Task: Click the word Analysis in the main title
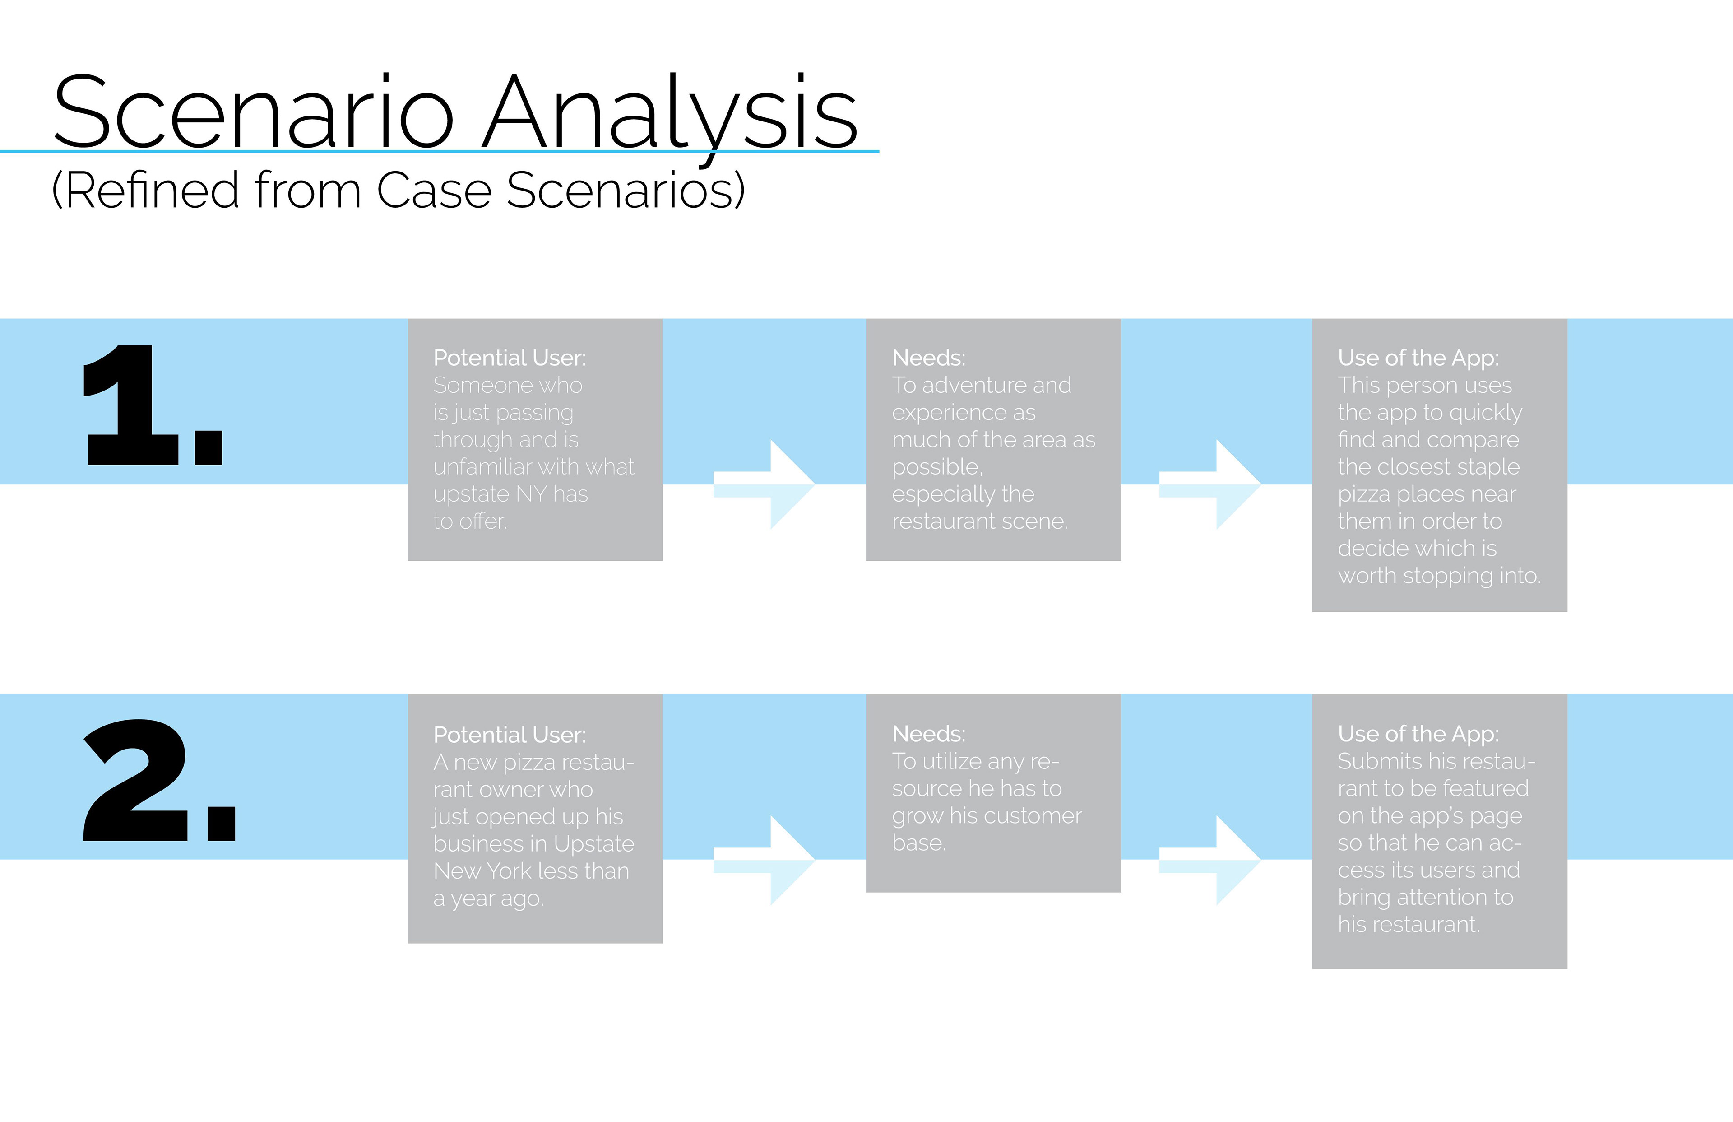(671, 116)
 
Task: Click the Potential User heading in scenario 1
(510, 358)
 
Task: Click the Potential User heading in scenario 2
(510, 735)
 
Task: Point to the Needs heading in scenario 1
(929, 358)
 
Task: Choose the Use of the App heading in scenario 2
(1418, 735)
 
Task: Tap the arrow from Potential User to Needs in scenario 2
(764, 861)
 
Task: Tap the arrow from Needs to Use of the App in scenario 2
(1209, 861)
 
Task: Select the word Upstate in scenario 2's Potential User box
(594, 844)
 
